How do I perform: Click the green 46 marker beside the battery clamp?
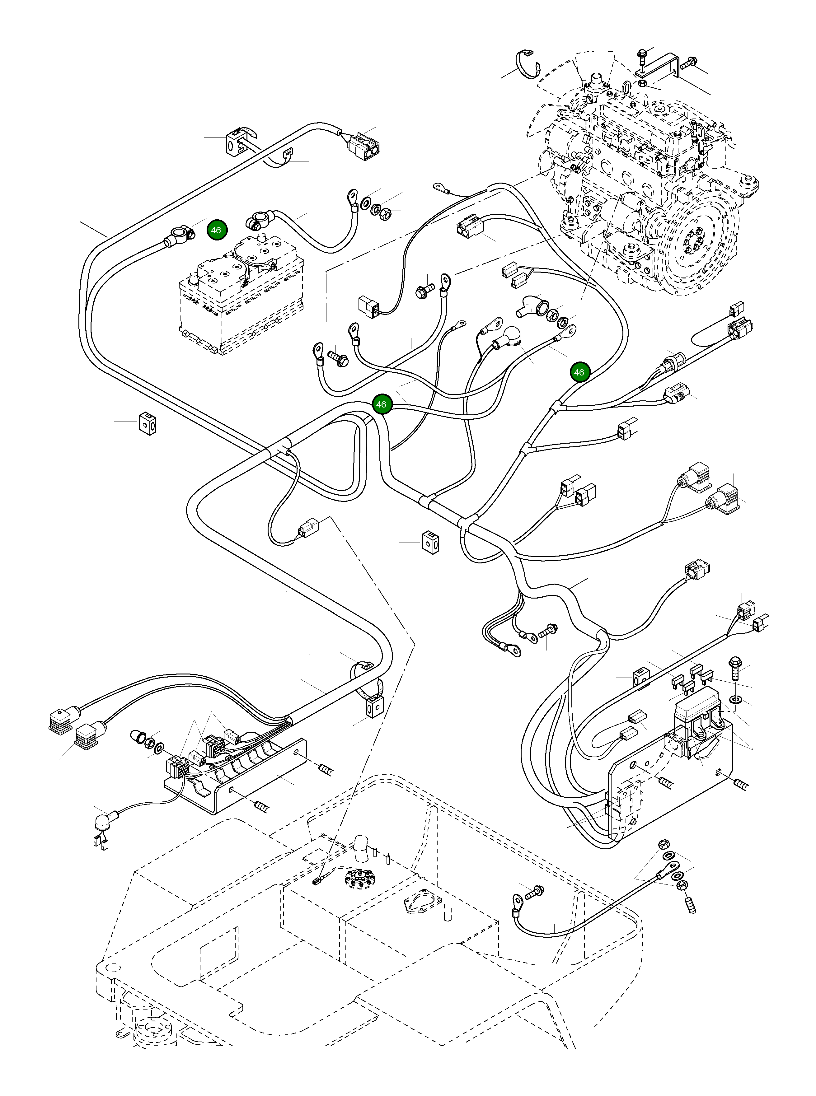click(216, 230)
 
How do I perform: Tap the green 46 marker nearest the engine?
click(579, 372)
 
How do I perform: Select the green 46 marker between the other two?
click(381, 404)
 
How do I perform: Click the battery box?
click(242, 296)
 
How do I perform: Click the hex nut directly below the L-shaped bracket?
click(642, 83)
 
